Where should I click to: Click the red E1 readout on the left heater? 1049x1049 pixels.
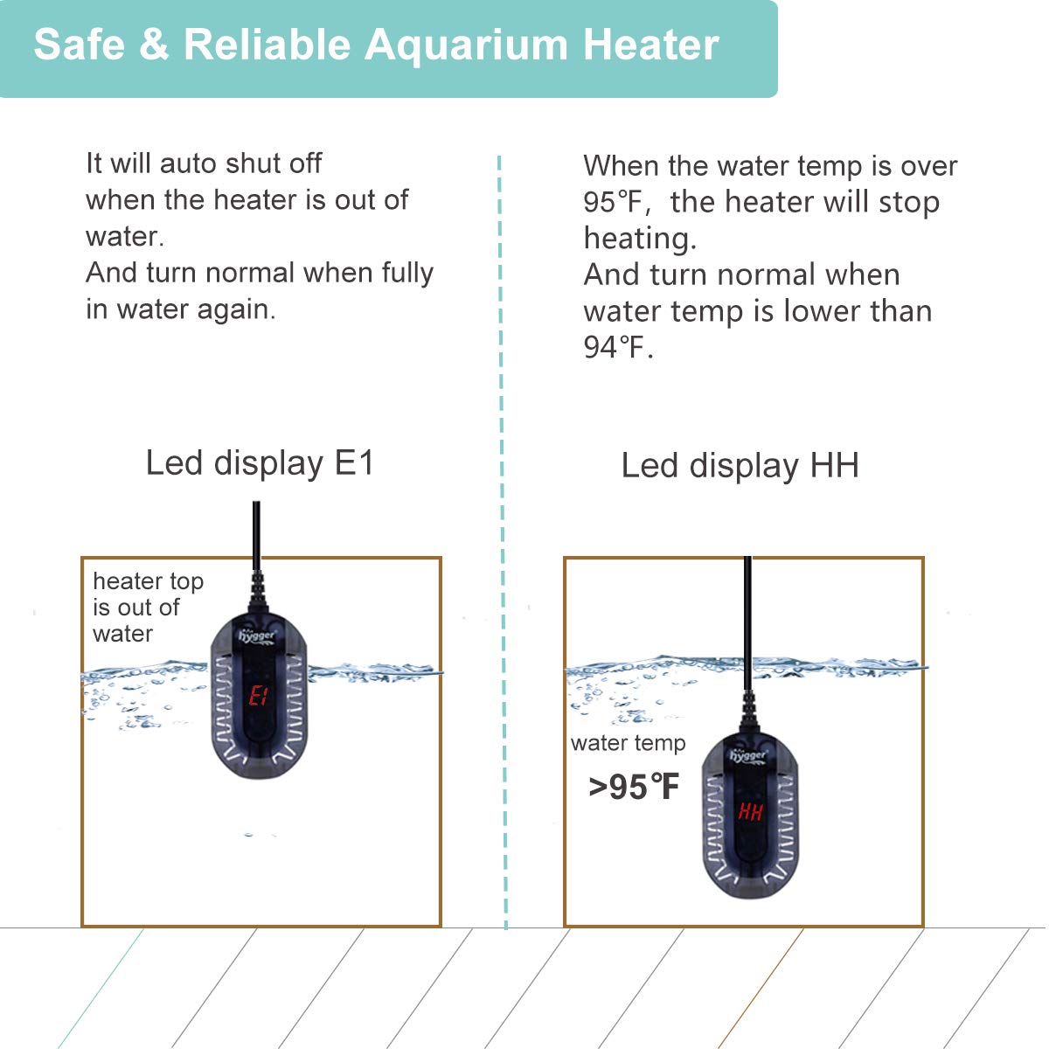[x=258, y=696]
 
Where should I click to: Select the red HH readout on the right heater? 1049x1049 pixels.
[x=750, y=811]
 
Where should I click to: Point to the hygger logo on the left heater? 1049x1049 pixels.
[x=258, y=636]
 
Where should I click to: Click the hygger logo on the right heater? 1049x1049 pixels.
[x=748, y=754]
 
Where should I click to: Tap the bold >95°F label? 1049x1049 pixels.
[x=634, y=788]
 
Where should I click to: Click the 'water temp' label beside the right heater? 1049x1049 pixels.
[x=628, y=743]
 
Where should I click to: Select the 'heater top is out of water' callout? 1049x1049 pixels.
[x=147, y=607]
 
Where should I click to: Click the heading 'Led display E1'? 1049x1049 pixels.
[x=260, y=463]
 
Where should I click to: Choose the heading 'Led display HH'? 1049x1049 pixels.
[x=740, y=466]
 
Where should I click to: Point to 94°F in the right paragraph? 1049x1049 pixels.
[x=616, y=348]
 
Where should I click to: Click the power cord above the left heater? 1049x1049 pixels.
[x=256, y=533]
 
